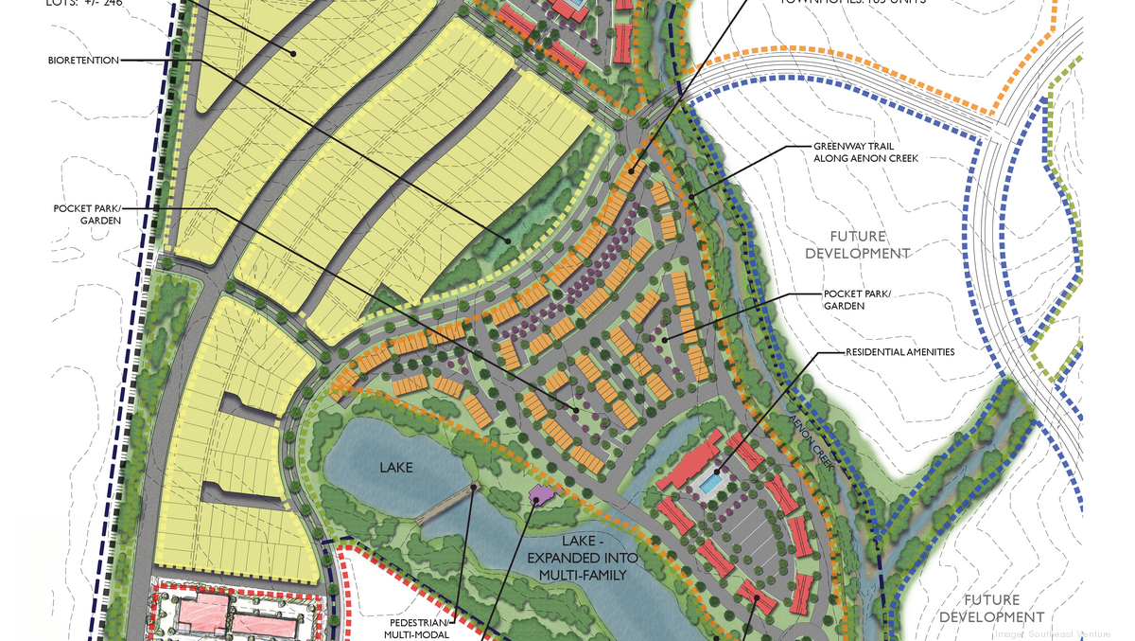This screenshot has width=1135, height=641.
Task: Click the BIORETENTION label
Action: [x=83, y=61]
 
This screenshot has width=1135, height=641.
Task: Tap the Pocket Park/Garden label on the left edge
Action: [x=87, y=214]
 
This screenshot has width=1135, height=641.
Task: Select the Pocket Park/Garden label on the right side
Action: [x=857, y=299]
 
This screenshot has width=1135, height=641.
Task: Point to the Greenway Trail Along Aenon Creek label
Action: [x=865, y=151]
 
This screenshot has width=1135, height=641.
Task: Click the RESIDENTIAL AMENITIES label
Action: [x=899, y=352]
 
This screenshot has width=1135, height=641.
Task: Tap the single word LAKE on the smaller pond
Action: [x=396, y=467]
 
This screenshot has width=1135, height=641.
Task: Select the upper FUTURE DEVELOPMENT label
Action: [x=858, y=244]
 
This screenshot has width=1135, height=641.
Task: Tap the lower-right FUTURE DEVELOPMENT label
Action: [x=992, y=608]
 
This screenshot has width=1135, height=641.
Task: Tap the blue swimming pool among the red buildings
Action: [x=707, y=483]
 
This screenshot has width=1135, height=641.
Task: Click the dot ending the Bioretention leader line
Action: [x=510, y=241]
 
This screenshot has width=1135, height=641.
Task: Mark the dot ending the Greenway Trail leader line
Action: [x=692, y=196]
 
